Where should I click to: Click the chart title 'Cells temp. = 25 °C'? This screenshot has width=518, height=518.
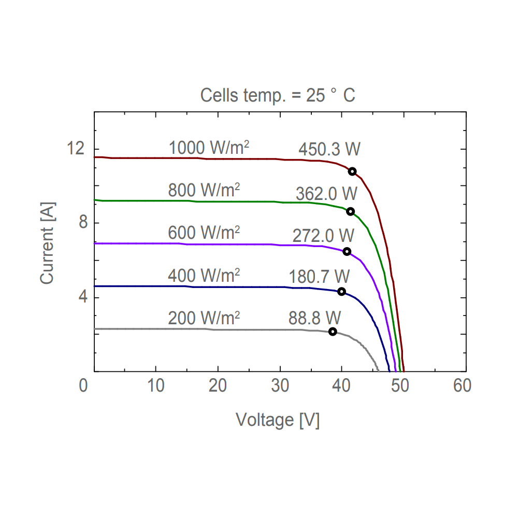tap(278, 95)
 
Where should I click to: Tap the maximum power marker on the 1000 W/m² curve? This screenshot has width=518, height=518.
tap(352, 171)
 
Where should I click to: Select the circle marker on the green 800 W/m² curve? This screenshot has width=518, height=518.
tap(351, 211)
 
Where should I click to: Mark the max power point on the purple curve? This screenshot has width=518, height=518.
tap(347, 251)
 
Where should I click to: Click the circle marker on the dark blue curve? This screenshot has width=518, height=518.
tap(341, 292)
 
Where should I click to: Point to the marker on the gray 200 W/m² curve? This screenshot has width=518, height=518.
tap(333, 332)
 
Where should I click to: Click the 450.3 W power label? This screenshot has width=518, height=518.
tap(329, 149)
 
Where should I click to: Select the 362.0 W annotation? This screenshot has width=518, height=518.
tap(327, 194)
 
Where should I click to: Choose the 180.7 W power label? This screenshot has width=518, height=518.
tap(319, 277)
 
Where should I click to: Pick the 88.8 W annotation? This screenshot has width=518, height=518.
tap(315, 316)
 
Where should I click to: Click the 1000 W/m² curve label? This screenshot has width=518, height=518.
tap(209, 148)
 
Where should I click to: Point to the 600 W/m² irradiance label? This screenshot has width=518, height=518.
tap(204, 233)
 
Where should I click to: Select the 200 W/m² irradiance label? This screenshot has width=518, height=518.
tap(204, 317)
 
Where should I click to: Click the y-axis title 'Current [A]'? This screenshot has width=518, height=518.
tap(47, 242)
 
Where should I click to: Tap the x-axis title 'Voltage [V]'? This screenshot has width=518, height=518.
tap(278, 420)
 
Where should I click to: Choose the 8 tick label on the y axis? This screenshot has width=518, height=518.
tap(81, 223)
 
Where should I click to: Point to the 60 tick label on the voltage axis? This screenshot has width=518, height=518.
tap(462, 386)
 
